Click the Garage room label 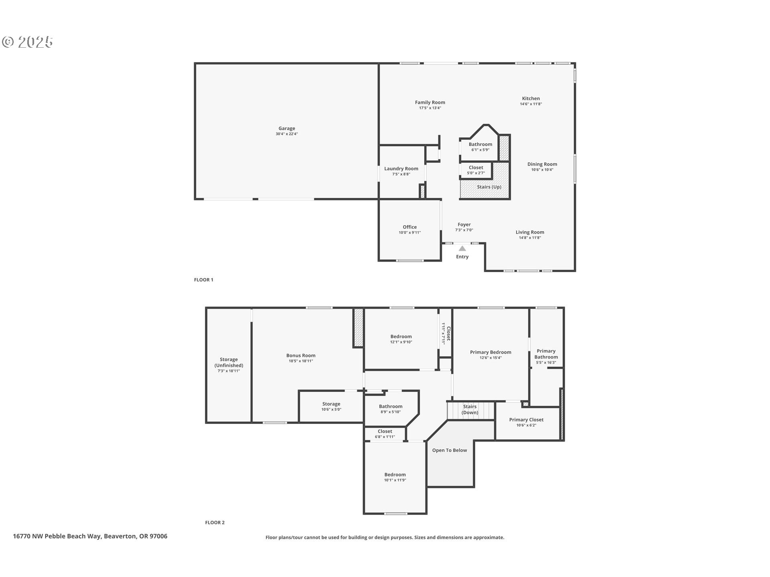click(287, 129)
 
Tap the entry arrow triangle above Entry click(462, 248)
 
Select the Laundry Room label click(401, 169)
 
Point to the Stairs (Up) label click(489, 187)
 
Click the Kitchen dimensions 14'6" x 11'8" click(531, 104)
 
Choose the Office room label click(409, 227)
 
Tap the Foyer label click(464, 225)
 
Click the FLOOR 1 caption click(204, 280)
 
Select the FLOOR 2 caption click(215, 523)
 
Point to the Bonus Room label click(301, 355)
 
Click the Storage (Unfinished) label click(229, 363)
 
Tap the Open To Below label click(450, 450)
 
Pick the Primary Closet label click(526, 420)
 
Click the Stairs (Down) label click(470, 410)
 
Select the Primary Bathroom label click(546, 354)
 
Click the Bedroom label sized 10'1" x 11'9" click(395, 475)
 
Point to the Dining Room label click(542, 164)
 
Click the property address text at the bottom click(90, 537)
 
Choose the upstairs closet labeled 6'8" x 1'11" click(385, 432)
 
